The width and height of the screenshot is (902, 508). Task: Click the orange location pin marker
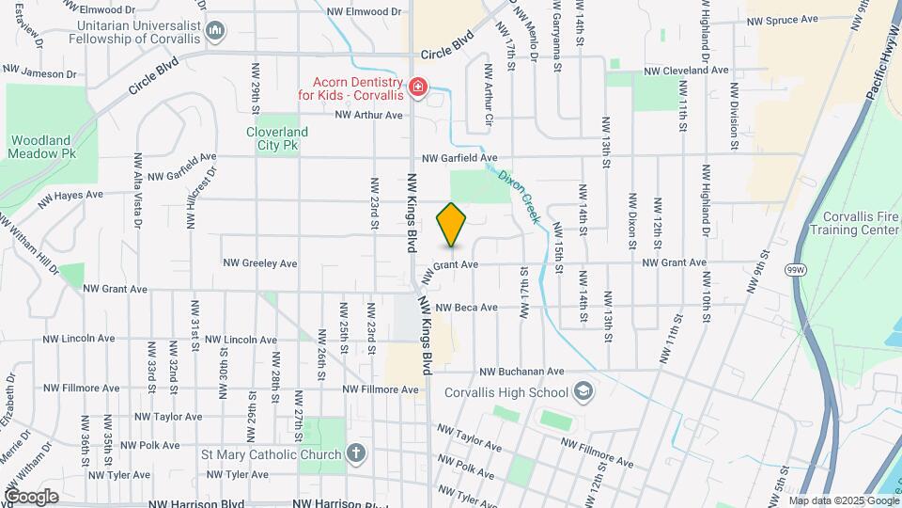[452, 224]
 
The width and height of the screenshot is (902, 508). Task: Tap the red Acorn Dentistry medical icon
[417, 88]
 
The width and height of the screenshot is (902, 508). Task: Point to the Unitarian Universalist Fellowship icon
[216, 32]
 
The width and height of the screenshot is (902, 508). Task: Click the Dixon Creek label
[521, 196]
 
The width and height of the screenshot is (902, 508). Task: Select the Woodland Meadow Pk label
[41, 147]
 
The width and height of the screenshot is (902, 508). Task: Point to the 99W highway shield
[796, 270]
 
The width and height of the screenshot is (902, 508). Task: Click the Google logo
[31, 496]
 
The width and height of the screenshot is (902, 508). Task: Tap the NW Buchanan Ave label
[521, 372]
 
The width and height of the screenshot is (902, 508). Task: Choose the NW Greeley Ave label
[259, 263]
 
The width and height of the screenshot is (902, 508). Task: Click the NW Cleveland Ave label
[686, 71]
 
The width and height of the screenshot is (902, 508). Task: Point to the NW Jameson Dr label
[39, 72]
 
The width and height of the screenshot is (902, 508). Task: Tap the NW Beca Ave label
[462, 308]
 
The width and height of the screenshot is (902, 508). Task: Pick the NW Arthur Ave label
[368, 115]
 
